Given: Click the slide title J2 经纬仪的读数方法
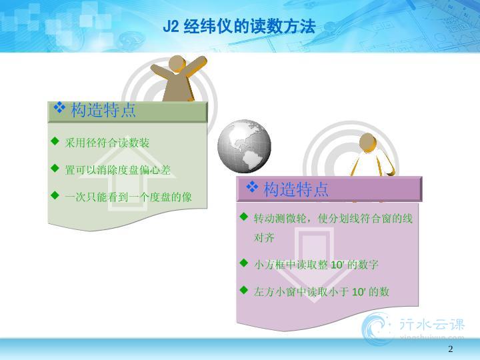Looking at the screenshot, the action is point(239,26).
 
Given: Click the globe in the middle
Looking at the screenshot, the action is point(244,146).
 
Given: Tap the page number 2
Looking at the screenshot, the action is point(450,349).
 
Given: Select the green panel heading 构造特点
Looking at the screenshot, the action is point(103,110).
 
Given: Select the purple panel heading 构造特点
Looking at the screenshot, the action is point(296,189).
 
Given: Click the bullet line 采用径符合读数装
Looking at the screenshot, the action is point(107,143).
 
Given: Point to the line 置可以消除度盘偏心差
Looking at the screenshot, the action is point(118,170).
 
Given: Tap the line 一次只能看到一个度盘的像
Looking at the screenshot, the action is point(128,197).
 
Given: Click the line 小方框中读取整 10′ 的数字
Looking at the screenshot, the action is point(316,265).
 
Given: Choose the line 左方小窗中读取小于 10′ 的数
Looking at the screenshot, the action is point(321,292).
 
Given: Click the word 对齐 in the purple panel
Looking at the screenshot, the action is point(264,237).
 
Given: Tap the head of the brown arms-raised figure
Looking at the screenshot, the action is point(177,64).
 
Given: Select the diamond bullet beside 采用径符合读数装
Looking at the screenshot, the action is point(55,141).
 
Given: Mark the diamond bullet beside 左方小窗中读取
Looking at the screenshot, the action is point(244,289).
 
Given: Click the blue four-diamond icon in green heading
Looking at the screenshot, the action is point(59,107).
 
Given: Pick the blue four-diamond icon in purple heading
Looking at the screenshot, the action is point(252,187).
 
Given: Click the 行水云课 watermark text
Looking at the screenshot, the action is point(432,325).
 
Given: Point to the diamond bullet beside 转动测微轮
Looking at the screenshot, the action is point(244,217).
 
